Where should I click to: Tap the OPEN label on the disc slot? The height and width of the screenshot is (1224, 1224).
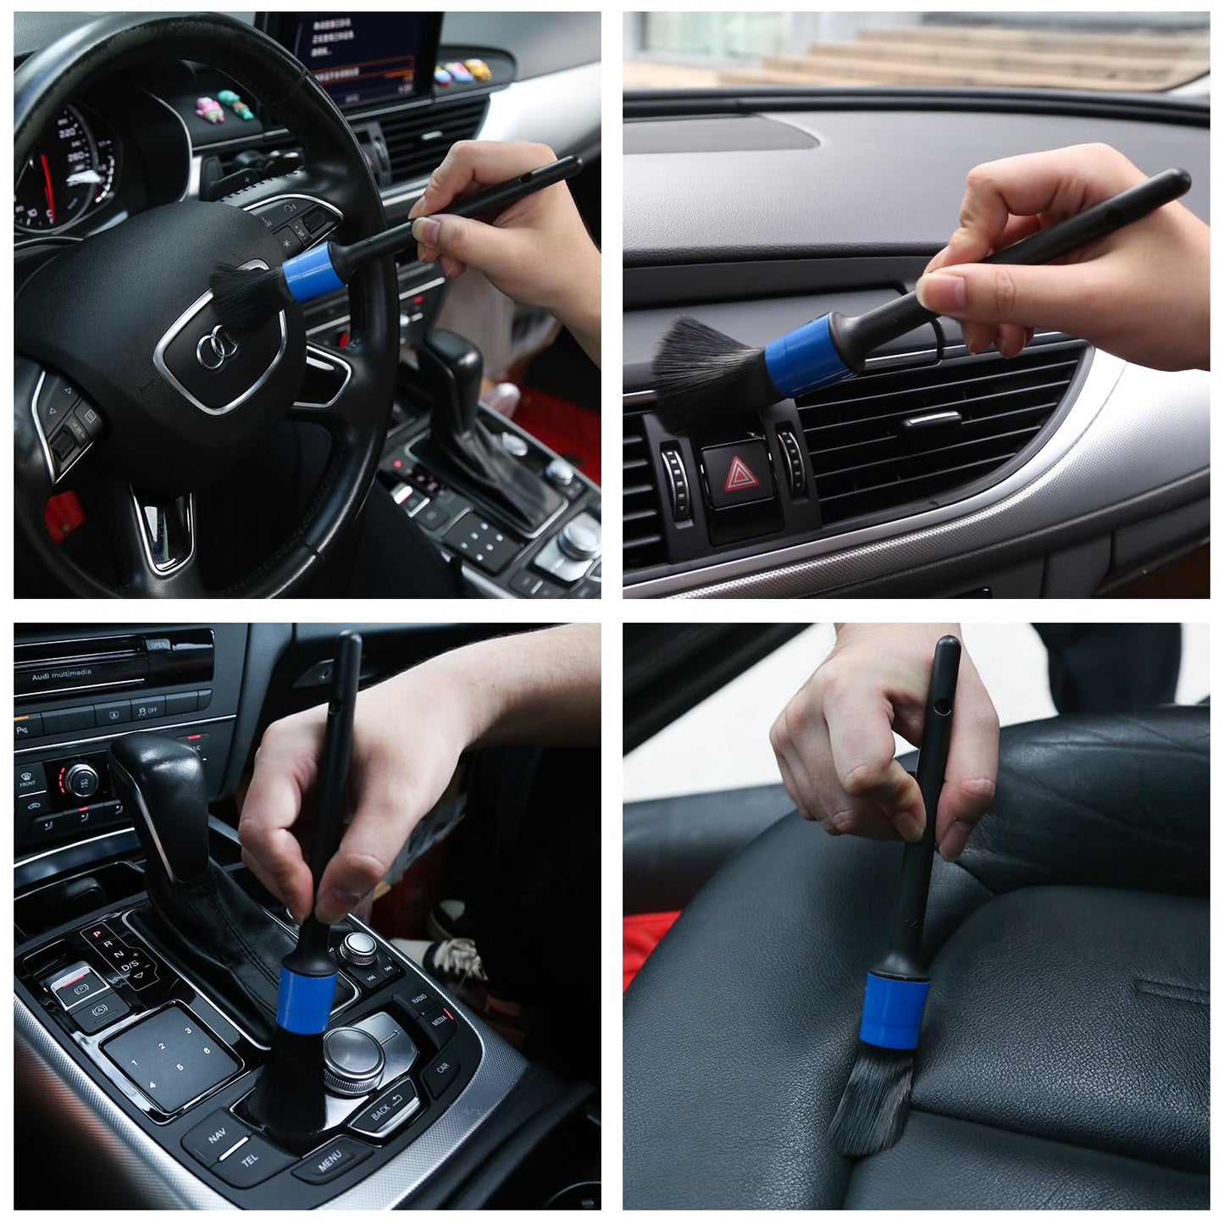click(158, 645)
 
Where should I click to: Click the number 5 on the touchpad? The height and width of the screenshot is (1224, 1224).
click(180, 1067)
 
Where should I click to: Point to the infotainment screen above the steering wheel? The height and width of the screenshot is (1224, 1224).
click(373, 51)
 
